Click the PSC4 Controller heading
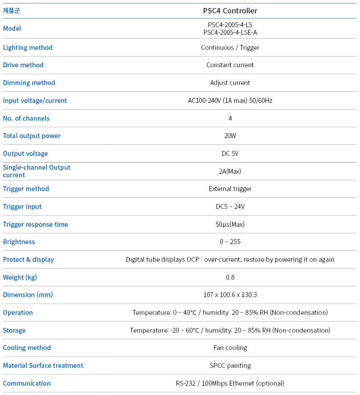pos(230,11)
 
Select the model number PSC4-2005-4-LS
pos(230,25)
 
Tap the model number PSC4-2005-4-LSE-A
pos(230,32)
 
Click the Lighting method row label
pos(28,48)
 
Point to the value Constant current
pos(230,65)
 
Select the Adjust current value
pos(230,83)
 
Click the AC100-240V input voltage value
pos(230,101)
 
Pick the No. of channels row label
pos(26,118)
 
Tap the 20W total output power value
pos(230,136)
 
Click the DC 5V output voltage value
pos(230,154)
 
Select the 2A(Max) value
pos(230,171)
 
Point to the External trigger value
pos(230,189)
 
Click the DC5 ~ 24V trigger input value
pos(230,207)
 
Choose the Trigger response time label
pos(36,224)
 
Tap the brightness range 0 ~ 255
pos(230,242)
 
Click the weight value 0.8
pos(230,277)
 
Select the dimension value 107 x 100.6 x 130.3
pos(230,295)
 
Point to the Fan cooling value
pos(230,348)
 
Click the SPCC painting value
pos(230,366)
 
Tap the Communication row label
pos(27,383)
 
